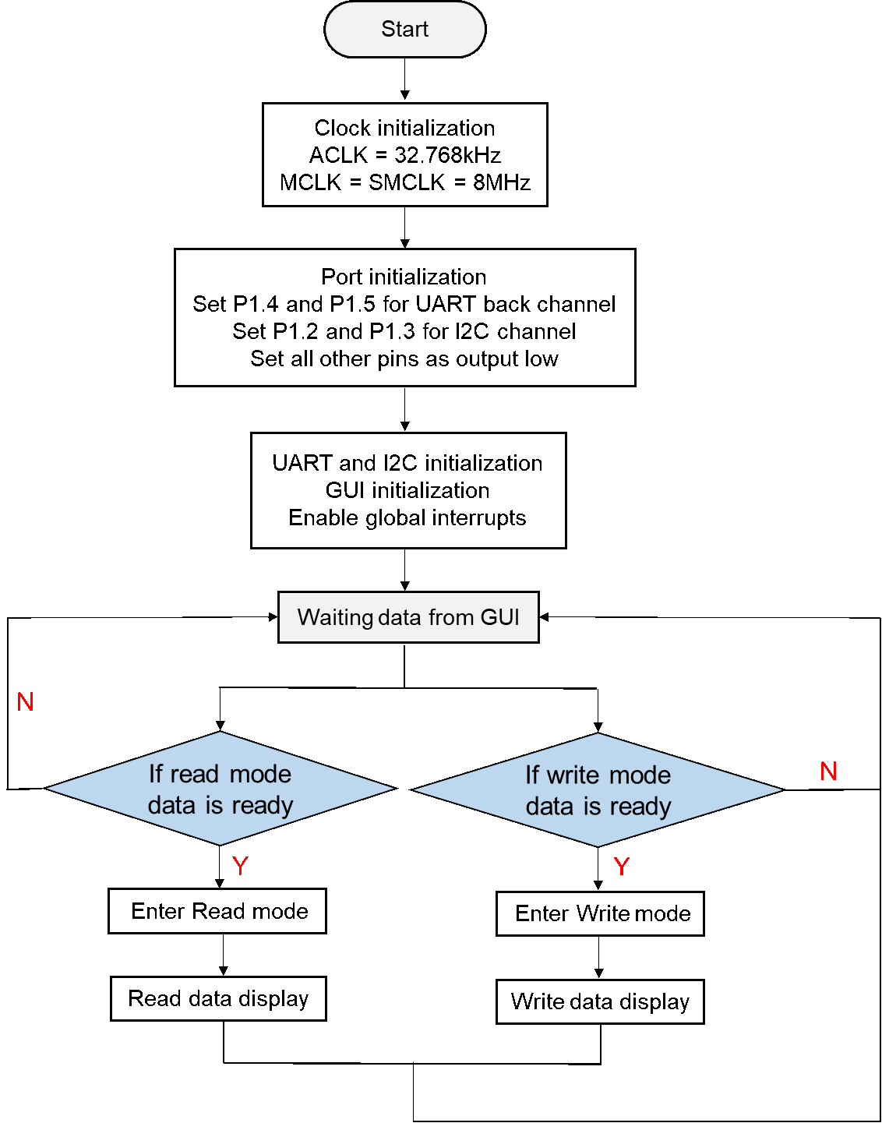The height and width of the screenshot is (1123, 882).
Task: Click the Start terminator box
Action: (x=404, y=30)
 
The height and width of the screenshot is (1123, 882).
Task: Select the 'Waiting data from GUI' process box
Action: (x=408, y=617)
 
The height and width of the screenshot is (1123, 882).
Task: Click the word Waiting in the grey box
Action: (x=335, y=618)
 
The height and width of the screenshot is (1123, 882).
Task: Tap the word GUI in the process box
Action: (x=499, y=617)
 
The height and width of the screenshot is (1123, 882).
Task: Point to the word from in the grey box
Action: (x=451, y=617)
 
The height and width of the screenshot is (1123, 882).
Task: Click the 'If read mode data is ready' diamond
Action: (x=220, y=789)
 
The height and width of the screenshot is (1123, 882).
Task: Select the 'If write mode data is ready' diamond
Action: (x=598, y=790)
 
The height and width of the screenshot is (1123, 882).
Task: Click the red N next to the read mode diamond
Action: (x=25, y=702)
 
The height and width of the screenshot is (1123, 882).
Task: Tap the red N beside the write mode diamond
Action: (x=828, y=772)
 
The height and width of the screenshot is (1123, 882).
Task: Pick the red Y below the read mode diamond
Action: (x=240, y=866)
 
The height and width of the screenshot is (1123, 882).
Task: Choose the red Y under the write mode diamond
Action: (x=621, y=867)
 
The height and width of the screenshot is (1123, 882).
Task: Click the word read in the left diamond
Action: (x=194, y=774)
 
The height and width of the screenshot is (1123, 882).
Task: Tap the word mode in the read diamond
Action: (x=260, y=774)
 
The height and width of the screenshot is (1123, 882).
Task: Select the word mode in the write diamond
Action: (x=640, y=775)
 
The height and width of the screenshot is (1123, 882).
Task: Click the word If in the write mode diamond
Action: (x=531, y=775)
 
